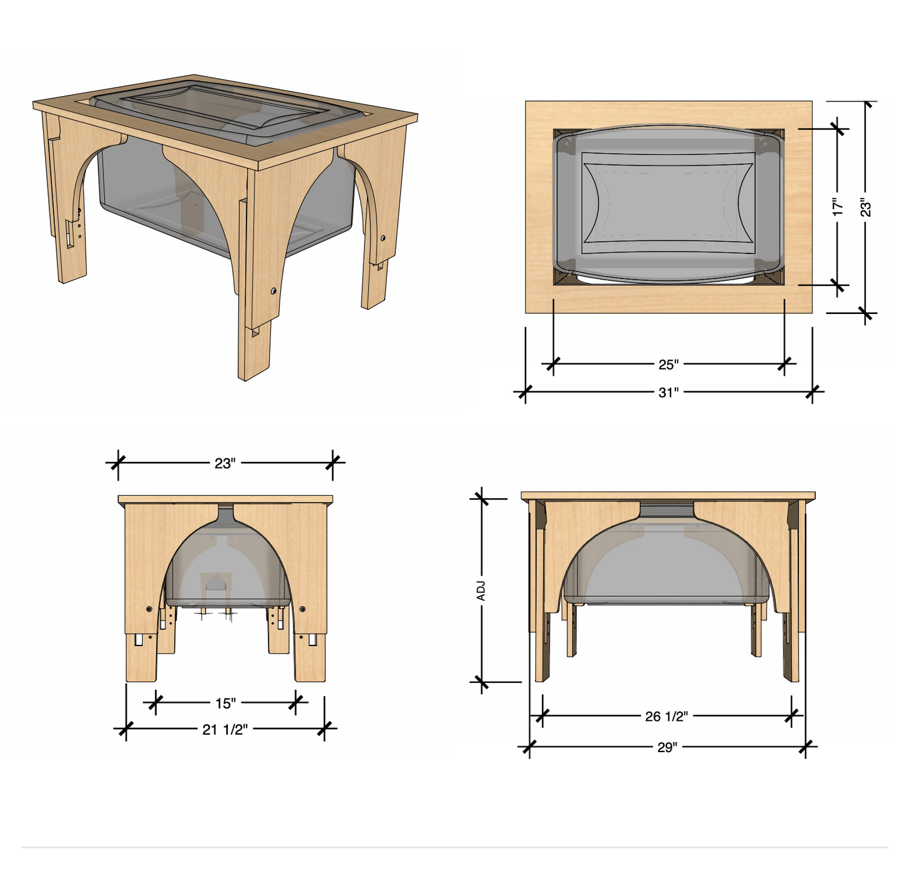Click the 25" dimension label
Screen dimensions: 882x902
click(668, 364)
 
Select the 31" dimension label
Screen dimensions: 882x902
click(668, 392)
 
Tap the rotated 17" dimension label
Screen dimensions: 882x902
click(838, 207)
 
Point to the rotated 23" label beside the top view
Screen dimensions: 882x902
click(866, 207)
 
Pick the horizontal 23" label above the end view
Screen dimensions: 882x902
click(225, 463)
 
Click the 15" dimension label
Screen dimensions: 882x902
click(225, 703)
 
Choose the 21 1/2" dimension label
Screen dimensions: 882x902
click(225, 729)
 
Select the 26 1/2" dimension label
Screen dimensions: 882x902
click(666, 716)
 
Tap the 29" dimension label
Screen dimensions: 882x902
click(667, 747)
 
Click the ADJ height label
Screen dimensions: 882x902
click(481, 590)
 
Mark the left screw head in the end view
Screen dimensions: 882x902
click(149, 609)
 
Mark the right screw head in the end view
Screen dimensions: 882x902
click(303, 609)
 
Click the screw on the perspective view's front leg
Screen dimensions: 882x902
click(273, 291)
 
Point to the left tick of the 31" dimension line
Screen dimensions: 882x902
click(525, 393)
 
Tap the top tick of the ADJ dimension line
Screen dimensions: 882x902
click(481, 499)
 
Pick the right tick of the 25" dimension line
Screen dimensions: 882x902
click(785, 364)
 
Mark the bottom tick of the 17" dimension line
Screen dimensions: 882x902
click(838, 285)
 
